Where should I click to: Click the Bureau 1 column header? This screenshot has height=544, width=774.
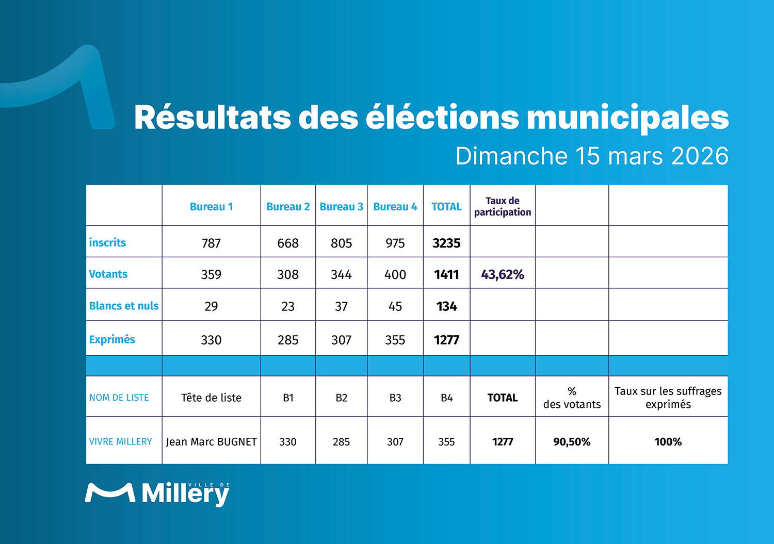(211, 207)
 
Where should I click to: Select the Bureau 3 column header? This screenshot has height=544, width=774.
(341, 207)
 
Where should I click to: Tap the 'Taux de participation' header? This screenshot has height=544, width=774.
(503, 206)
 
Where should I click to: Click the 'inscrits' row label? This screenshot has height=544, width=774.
(107, 242)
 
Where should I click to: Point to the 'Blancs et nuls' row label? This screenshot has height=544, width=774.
(124, 306)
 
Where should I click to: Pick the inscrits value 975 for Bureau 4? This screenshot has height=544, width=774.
(395, 243)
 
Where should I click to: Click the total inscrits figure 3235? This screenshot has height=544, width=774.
(446, 243)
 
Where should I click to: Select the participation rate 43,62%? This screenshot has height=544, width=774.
(503, 275)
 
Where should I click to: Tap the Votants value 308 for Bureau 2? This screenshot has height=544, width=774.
(288, 275)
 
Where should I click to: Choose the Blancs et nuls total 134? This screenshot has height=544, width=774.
(446, 307)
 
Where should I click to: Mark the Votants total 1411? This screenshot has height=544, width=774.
(446, 275)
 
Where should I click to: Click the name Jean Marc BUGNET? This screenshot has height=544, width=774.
(211, 442)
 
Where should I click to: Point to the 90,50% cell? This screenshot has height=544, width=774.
(572, 442)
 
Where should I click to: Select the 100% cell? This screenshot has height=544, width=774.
(668, 442)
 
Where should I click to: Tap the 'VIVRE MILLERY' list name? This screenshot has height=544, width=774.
(121, 442)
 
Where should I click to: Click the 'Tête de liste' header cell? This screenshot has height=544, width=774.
(211, 398)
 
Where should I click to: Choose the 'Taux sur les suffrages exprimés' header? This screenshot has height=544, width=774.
(668, 398)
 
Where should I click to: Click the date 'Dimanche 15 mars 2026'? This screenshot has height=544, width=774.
(592, 156)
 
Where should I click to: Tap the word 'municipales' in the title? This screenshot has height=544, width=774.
(627, 118)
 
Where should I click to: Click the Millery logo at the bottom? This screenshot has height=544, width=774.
(157, 493)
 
